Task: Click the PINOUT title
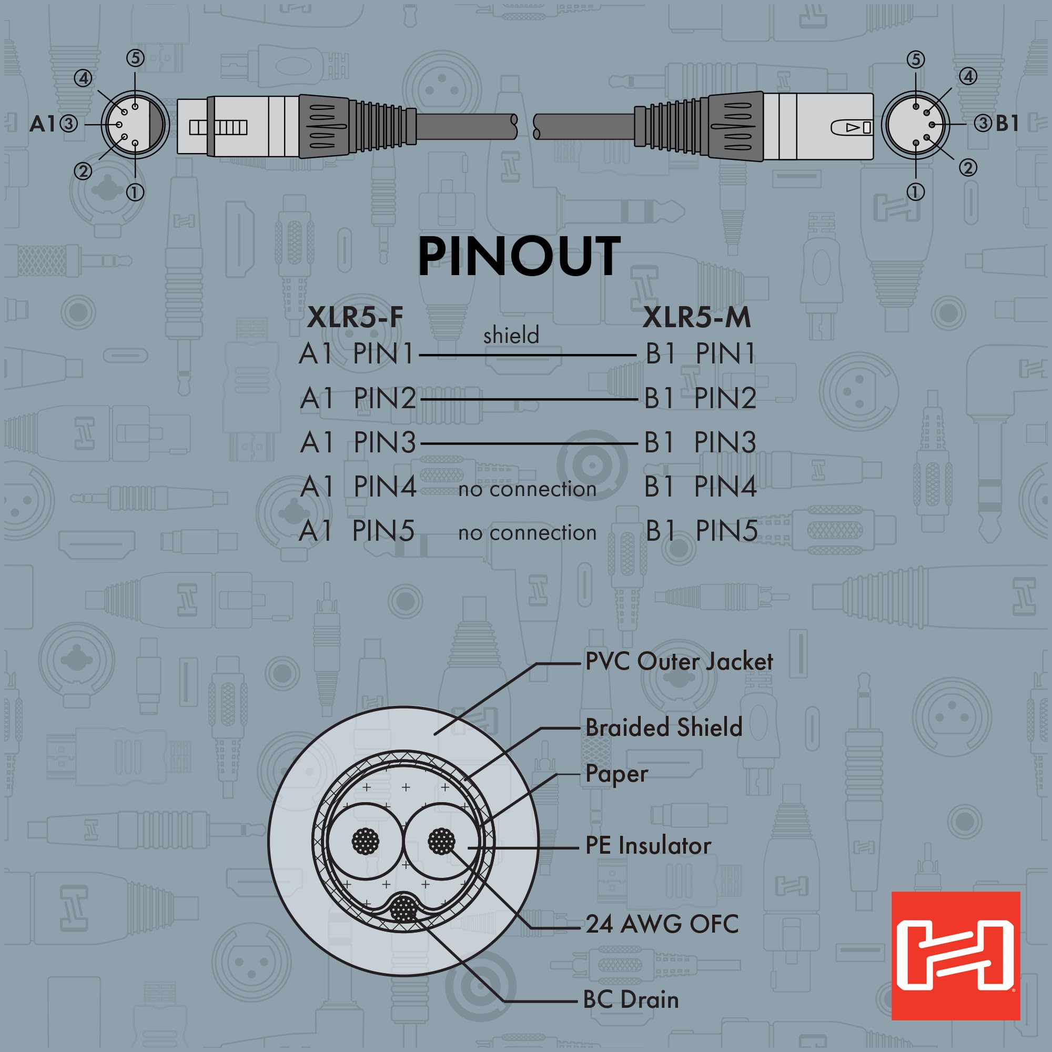coord(519,257)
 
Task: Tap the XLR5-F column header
coord(355,318)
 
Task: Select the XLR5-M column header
coord(696,318)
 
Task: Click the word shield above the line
coord(511,336)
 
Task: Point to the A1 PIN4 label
coord(358,486)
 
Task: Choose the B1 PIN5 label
coord(701,531)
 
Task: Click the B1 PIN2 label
coord(700,399)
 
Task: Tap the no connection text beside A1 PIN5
coord(527,532)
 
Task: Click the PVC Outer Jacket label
coord(679,662)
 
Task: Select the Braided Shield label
coord(663,727)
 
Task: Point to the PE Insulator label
coord(648,846)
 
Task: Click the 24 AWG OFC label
coord(662,924)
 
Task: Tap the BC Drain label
coord(631,1000)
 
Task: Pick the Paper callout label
coord(616,774)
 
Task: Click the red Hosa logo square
coord(955,955)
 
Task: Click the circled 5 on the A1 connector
coord(135,58)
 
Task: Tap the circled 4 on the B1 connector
coord(968,76)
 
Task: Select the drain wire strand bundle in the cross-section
coord(403,910)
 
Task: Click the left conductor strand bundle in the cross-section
coord(366,842)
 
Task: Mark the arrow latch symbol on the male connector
coord(852,127)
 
